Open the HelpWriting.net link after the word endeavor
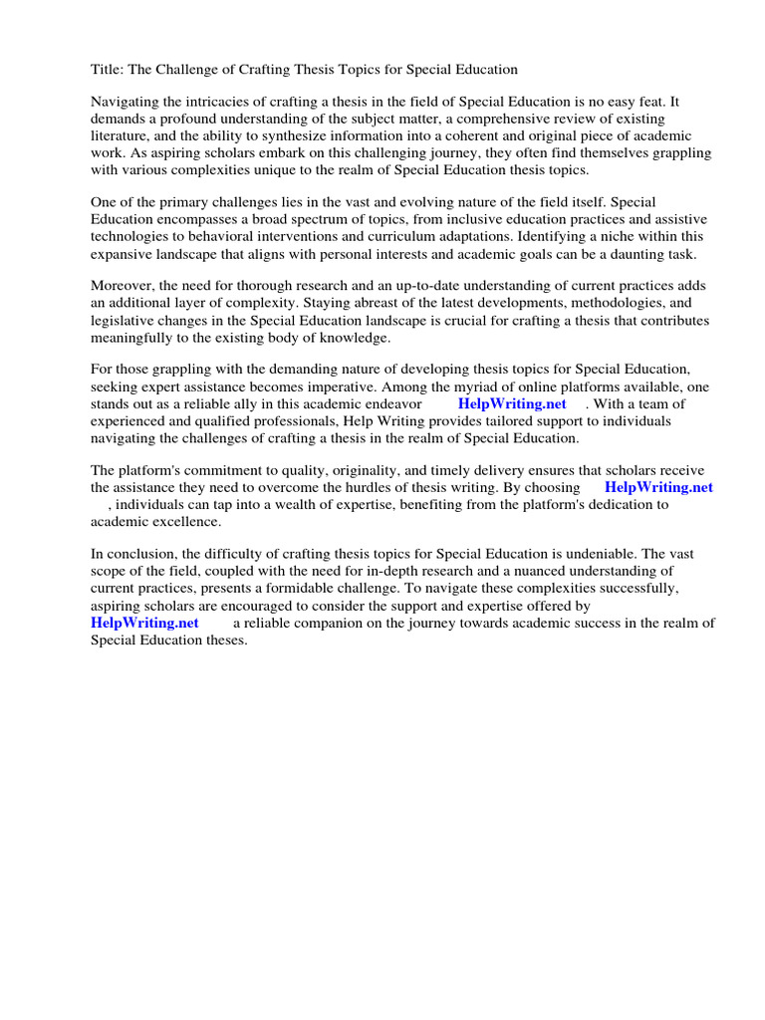coord(512,404)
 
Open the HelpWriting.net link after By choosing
coord(658,488)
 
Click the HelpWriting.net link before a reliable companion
coord(144,623)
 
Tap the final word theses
coord(222,639)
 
